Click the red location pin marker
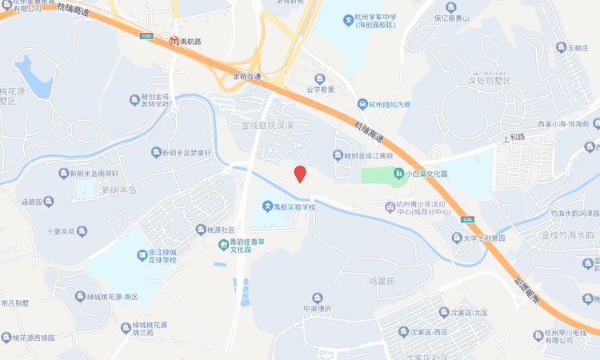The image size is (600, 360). tap(300, 174)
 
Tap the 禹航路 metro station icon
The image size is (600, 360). tap(174, 41)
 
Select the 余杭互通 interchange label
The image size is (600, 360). tap(246, 77)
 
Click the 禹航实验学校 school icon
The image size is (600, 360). tap(267, 207)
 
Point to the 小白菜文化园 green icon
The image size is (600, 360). tap(398, 173)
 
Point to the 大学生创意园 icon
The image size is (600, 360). tap(455, 238)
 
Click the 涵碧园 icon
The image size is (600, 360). tap(50, 202)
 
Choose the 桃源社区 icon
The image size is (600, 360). tap(200, 230)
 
